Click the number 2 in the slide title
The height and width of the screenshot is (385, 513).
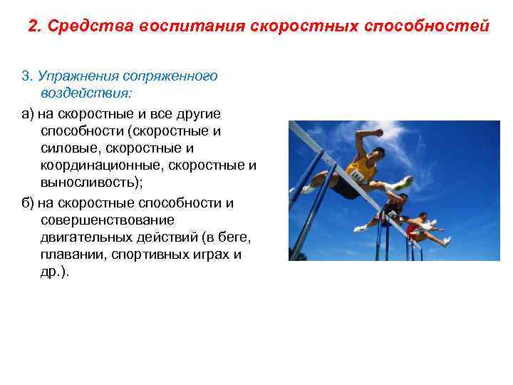pyautogui.click(x=33, y=26)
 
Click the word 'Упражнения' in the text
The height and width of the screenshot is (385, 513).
pyautogui.click(x=79, y=76)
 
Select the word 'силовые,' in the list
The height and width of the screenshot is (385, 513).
pyautogui.click(x=70, y=148)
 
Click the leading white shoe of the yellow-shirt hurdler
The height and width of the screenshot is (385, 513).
pyautogui.click(x=405, y=183)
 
